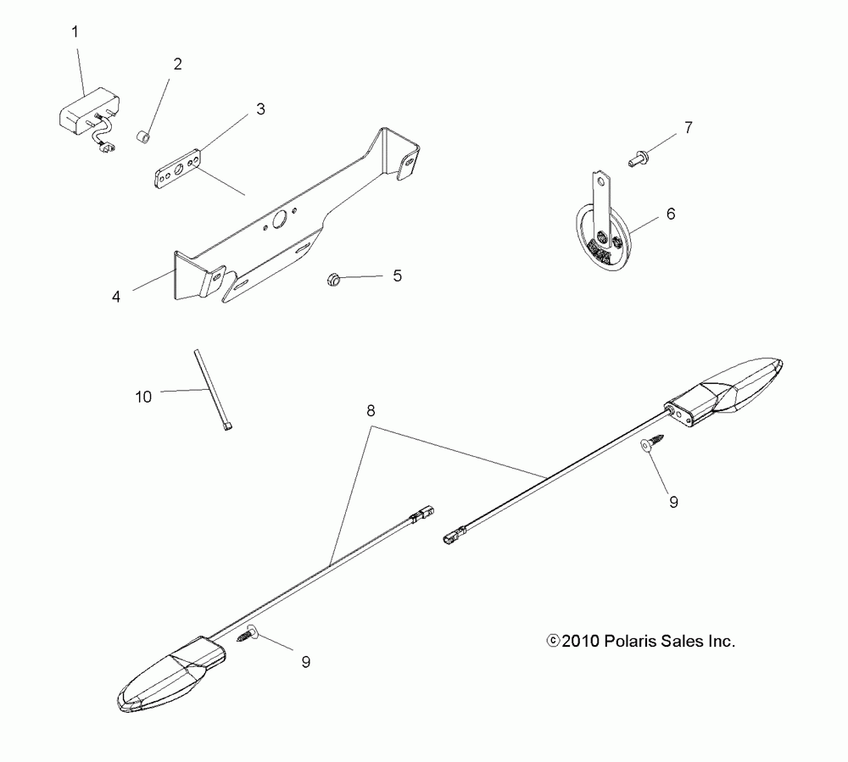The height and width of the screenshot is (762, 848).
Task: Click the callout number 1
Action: click(75, 33)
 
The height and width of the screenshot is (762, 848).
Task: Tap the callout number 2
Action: click(177, 64)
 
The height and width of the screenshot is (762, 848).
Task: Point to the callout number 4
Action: click(116, 297)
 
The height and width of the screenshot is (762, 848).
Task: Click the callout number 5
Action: click(396, 275)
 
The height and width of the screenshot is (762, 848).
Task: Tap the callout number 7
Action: click(688, 128)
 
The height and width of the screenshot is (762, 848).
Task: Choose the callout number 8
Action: click(370, 409)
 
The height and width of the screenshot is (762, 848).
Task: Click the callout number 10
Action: click(144, 396)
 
